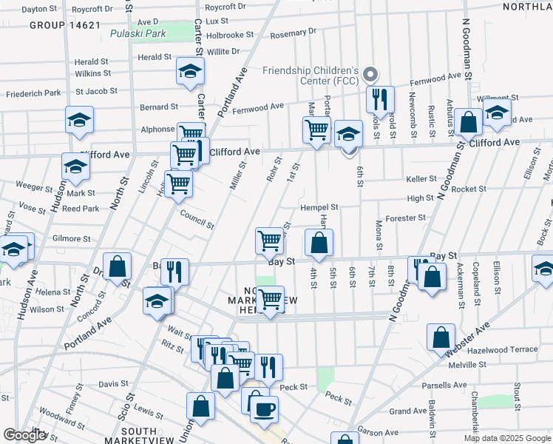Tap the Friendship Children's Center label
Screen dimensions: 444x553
coord(311,75)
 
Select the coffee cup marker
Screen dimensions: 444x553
coord(265,408)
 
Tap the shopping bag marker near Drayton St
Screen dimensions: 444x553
coord(117,266)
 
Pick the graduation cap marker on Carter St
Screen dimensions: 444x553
coord(190,73)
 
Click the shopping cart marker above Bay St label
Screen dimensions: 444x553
coord(270,240)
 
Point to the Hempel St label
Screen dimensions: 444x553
coord(319,208)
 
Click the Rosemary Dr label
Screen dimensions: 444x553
coord(293,33)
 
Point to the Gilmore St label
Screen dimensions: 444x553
coord(72,239)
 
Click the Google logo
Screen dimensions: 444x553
coord(24,435)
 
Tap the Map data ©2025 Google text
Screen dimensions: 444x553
coord(506,438)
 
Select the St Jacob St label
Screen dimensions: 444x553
coord(96,92)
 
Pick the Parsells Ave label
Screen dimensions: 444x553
coord(444,385)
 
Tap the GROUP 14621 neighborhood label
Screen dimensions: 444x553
coord(64,25)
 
